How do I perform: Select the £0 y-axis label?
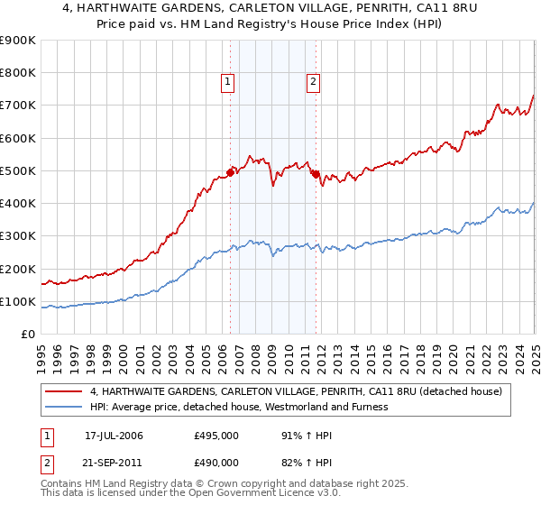(27, 334)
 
